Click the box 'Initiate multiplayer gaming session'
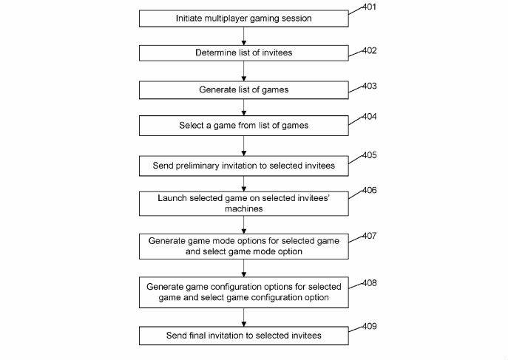click(x=243, y=18)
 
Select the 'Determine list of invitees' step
click(x=243, y=53)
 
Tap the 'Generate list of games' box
click(x=243, y=89)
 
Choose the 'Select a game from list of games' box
click(x=243, y=126)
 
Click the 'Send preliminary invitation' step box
click(x=243, y=166)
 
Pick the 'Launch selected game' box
click(x=243, y=204)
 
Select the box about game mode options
click(x=243, y=246)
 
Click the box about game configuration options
click(x=243, y=292)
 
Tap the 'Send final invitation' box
click(x=243, y=336)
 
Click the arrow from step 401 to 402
click(x=243, y=35)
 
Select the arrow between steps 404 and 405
click(x=243, y=146)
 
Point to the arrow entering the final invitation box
click(x=243, y=317)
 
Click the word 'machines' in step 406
click(x=243, y=209)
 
